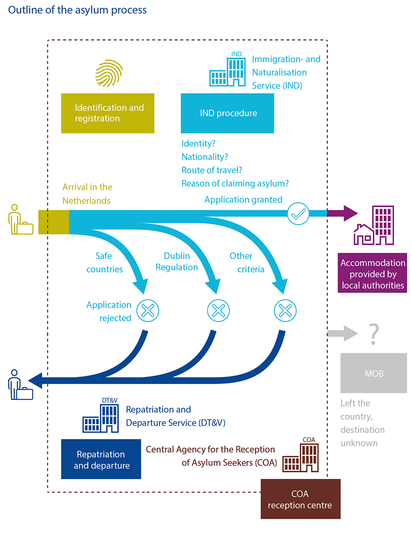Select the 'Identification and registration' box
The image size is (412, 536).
[x=108, y=113]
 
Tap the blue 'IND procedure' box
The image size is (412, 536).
[x=227, y=113]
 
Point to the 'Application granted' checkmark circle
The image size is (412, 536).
[x=298, y=214]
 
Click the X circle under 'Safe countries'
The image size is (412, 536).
[x=148, y=310]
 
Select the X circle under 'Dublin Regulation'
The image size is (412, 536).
[x=218, y=310]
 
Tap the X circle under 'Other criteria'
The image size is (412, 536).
[x=285, y=310]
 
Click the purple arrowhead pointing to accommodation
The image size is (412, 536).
[x=350, y=213]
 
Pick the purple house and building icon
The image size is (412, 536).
[x=374, y=226]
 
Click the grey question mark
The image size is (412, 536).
[x=374, y=334]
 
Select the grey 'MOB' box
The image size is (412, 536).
[x=374, y=373]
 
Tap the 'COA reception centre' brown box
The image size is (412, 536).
[x=300, y=499]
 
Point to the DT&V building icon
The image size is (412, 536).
[x=101, y=416]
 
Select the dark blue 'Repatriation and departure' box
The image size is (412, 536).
[x=101, y=459]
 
